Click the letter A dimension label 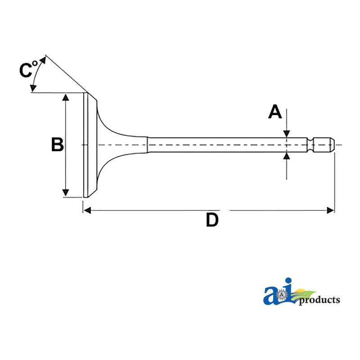(275, 112)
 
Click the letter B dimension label (58, 144)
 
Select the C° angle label (28, 69)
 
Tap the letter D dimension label (212, 220)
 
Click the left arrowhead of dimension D (87, 210)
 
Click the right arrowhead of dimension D (331, 210)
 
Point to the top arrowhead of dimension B (66, 97)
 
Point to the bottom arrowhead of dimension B (66, 193)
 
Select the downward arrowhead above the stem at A (287, 134)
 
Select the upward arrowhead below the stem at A (287, 156)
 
